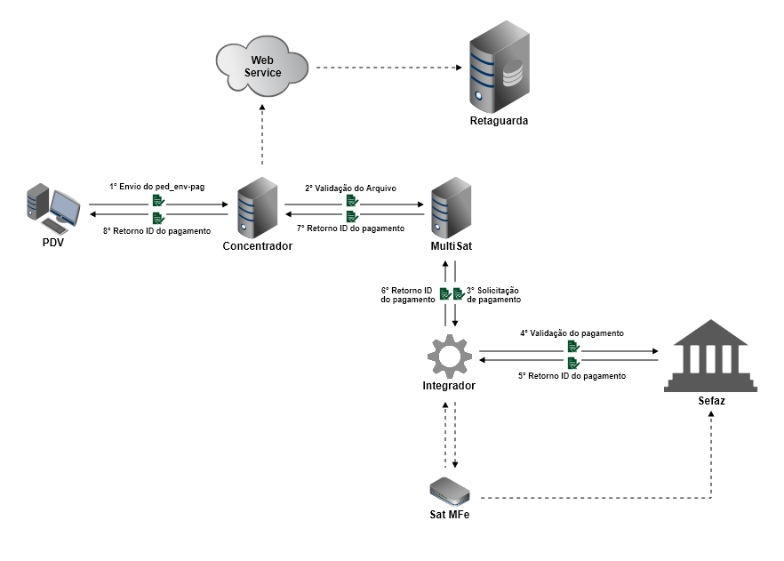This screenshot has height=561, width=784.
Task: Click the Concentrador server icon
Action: tap(256, 207)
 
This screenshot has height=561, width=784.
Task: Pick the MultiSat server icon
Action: tap(451, 207)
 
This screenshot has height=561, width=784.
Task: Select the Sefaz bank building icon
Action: tap(711, 357)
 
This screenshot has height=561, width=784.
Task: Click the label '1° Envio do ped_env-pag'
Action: tap(157, 188)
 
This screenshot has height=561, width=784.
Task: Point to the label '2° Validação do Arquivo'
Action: tap(350, 188)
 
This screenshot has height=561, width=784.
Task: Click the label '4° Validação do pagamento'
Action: tap(572, 333)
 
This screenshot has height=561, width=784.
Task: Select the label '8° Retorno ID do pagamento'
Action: tap(158, 231)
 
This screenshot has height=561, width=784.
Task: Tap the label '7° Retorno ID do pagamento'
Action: tap(350, 228)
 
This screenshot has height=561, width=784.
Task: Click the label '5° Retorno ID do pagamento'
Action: tap(572, 376)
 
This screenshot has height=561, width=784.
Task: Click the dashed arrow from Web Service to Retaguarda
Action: tap(388, 68)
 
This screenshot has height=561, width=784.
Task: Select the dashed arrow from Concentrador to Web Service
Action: tap(262, 133)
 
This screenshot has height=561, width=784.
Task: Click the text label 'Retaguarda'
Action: tap(499, 121)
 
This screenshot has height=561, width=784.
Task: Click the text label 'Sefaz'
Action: tap(711, 402)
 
